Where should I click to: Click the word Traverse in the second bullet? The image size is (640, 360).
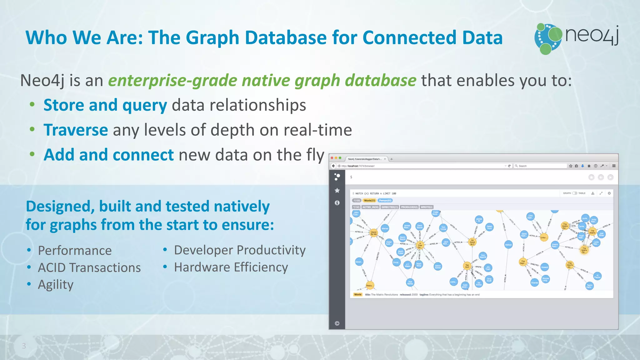point(76,130)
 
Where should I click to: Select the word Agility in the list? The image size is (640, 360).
point(56,285)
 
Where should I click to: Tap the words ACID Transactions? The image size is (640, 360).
point(89,268)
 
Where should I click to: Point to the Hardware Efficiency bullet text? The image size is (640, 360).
point(231,267)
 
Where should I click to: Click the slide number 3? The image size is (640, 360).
point(24,346)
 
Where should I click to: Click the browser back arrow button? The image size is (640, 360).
point(333,166)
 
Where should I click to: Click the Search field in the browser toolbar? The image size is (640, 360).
point(541,166)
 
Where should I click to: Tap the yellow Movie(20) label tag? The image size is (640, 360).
point(369,201)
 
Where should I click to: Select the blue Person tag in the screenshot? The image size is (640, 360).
point(385,201)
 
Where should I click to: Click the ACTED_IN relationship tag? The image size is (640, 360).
point(371,207)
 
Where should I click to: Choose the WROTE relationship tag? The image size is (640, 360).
point(426,207)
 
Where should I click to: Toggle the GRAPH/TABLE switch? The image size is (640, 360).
point(574,193)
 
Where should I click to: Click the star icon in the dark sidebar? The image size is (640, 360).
point(337,190)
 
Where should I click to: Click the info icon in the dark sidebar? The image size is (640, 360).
point(337,203)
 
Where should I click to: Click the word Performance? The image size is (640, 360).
point(75,251)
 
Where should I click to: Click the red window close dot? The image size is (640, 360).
point(332,158)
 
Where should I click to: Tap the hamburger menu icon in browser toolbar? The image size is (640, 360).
point(614,166)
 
